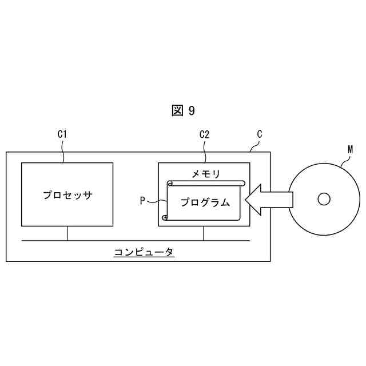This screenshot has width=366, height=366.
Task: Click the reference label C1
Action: point(63,134)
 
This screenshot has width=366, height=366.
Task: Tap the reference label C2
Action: point(204,134)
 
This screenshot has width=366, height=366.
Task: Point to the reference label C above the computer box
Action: point(260,134)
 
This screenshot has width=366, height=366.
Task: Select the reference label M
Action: point(350,150)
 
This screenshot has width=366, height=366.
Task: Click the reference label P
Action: point(143,201)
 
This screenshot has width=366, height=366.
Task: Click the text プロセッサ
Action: point(67,194)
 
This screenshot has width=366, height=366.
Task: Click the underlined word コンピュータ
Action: point(144,252)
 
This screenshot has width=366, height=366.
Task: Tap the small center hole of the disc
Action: point(324,199)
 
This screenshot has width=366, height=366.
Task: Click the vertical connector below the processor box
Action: point(67,233)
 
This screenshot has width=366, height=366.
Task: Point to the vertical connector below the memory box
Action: point(204,233)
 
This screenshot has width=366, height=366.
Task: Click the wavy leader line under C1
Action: point(63,152)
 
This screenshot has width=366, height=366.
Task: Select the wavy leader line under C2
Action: point(205,152)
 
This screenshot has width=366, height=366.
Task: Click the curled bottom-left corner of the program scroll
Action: point(165,217)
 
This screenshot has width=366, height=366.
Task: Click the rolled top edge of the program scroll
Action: point(206,183)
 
